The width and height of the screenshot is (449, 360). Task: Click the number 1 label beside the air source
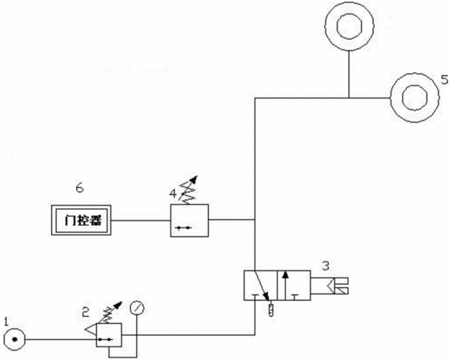pyautogui.click(x=6, y=322)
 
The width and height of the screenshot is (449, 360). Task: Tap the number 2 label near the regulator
pyautogui.click(x=86, y=312)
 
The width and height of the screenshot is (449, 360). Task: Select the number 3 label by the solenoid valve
pyautogui.click(x=326, y=266)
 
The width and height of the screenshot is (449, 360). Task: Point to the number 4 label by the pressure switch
pyautogui.click(x=173, y=194)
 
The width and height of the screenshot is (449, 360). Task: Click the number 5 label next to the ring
pyautogui.click(x=445, y=79)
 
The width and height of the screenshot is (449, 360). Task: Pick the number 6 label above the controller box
pyautogui.click(x=79, y=188)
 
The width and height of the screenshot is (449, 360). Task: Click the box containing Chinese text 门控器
pyautogui.click(x=82, y=220)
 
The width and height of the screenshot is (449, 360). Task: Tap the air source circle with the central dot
pyautogui.click(x=14, y=340)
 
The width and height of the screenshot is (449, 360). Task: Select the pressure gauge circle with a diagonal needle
pyautogui.click(x=137, y=308)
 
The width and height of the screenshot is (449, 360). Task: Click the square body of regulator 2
pyautogui.click(x=109, y=335)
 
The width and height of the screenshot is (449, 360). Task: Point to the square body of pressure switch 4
pyautogui.click(x=190, y=220)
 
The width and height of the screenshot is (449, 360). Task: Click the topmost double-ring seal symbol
pyautogui.click(x=349, y=26)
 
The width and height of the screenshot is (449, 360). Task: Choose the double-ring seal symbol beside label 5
pyautogui.click(x=415, y=98)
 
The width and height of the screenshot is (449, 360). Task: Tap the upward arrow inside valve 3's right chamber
pyautogui.click(x=285, y=286)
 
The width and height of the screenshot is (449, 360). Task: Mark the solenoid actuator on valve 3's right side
pyautogui.click(x=330, y=286)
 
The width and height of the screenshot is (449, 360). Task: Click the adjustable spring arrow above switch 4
pyautogui.click(x=188, y=190)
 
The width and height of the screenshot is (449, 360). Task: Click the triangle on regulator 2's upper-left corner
pyautogui.click(x=91, y=329)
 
